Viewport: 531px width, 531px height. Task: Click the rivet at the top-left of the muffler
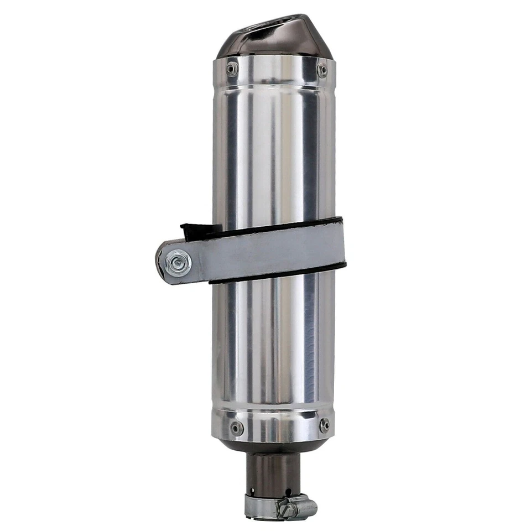pyautogui.click(x=232, y=69)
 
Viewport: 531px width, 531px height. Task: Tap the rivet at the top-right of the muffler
pyautogui.click(x=321, y=69)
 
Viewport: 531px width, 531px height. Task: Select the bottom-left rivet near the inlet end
pyautogui.click(x=236, y=428)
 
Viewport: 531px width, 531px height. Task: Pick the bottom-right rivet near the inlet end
pyautogui.click(x=324, y=425)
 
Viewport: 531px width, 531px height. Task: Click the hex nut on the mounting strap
pyautogui.click(x=178, y=263)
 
